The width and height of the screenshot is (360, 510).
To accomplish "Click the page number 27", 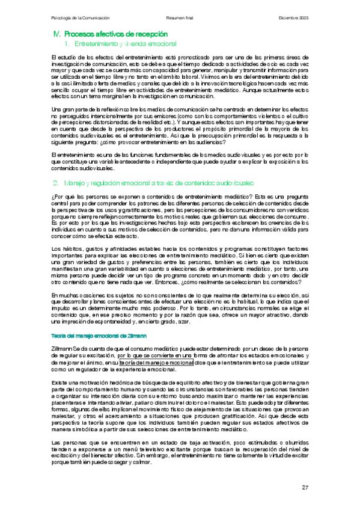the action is [x=305, y=487].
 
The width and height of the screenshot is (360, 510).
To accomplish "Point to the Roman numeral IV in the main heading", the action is [x=50, y=34].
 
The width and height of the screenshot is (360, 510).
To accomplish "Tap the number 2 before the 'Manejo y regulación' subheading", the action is [x=55, y=182].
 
